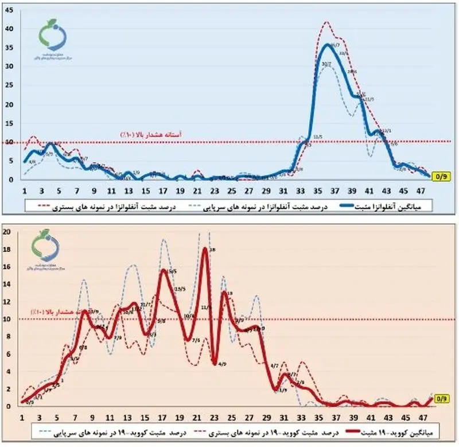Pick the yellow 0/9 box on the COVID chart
point(441,398)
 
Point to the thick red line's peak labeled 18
point(205,248)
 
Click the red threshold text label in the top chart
point(150,134)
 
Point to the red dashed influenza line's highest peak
point(327,22)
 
